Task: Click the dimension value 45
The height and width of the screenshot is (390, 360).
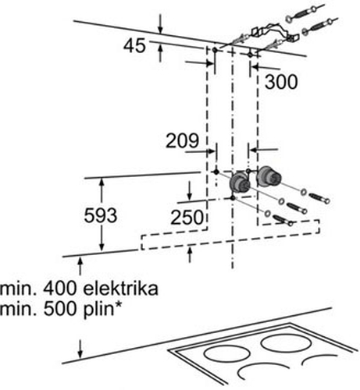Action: tap(134, 46)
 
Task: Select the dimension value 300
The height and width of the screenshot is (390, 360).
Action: tap(281, 82)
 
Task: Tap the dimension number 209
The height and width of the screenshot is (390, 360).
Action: tap(182, 140)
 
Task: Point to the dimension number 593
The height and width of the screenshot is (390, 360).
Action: tap(101, 215)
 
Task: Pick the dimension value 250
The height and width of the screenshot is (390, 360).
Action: tap(187, 217)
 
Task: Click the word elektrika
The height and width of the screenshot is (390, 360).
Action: tap(120, 289)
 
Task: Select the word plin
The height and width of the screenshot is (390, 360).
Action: tap(98, 310)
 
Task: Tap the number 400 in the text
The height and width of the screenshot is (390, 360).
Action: tap(59, 289)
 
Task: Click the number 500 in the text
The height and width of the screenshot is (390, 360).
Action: tap(59, 309)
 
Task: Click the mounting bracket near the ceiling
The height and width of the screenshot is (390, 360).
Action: tap(275, 33)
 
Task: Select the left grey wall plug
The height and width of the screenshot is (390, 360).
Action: tap(240, 182)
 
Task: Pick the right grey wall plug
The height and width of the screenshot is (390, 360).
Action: tap(269, 177)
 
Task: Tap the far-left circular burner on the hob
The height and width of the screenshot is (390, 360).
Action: tap(227, 353)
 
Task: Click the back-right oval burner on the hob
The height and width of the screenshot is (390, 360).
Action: tap(286, 343)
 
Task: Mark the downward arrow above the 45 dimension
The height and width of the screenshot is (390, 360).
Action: tap(161, 24)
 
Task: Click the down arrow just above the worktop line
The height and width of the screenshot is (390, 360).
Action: tap(80, 349)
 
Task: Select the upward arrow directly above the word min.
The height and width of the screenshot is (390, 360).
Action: tap(80, 266)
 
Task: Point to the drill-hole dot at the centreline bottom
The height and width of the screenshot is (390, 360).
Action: tap(233, 198)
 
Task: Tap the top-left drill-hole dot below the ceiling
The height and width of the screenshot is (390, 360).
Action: tap(215, 49)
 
